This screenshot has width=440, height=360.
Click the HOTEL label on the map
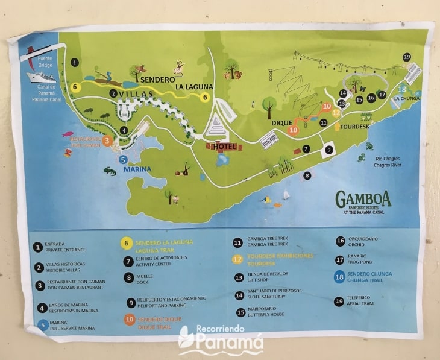(x=224, y=147)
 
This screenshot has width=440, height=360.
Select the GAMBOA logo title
(x=363, y=198)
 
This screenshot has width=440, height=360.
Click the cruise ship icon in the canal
(x=41, y=77)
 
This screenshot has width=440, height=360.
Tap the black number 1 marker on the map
(x=75, y=62)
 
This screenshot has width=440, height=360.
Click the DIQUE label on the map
(x=281, y=122)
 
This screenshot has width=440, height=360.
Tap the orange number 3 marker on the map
(x=107, y=141)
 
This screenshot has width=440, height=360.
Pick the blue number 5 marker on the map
(x=123, y=160)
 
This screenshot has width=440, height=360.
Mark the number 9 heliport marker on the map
(x=328, y=150)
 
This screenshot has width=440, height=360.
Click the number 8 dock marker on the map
(x=307, y=175)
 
